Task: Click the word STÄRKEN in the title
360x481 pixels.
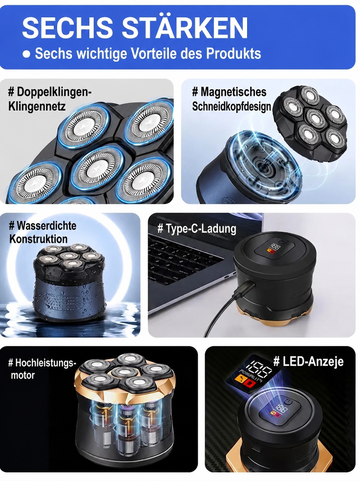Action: coord(185,28)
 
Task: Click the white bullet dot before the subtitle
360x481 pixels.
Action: coord(27,54)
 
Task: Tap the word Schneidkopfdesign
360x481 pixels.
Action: coord(231,106)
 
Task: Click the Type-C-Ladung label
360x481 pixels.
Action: coord(197,229)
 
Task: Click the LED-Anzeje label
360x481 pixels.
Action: coord(308,361)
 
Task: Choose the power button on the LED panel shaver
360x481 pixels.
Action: coord(288,402)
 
